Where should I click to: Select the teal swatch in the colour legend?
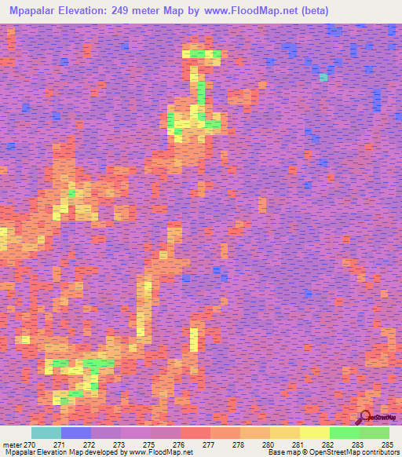coord(46,433)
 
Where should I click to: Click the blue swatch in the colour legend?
coord(76,433)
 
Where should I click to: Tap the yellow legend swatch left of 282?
coord(315,433)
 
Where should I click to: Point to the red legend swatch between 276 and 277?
coord(196,433)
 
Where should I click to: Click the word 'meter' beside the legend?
coord(12,444)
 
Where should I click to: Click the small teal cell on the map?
coord(323,78)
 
